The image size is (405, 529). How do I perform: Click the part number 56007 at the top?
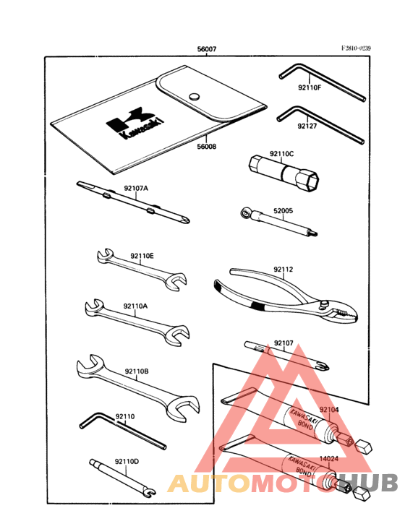pos(207,50)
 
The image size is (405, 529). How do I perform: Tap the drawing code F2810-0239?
pos(356,48)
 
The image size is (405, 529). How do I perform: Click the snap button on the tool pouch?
pos(193,97)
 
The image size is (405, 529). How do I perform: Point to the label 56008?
pos(207,145)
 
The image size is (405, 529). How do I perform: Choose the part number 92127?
pos(307,126)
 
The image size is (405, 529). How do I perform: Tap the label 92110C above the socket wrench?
pos(282,154)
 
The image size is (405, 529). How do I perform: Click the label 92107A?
pos(135,188)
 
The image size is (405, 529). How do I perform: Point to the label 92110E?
pos(142,256)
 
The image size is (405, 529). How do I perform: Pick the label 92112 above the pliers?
pos(283,270)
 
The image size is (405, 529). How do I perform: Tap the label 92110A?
pos(135,306)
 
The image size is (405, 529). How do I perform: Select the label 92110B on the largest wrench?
pos(136,371)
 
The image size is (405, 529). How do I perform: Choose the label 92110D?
pos(127,460)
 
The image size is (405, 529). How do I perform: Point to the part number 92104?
pos(329,410)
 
